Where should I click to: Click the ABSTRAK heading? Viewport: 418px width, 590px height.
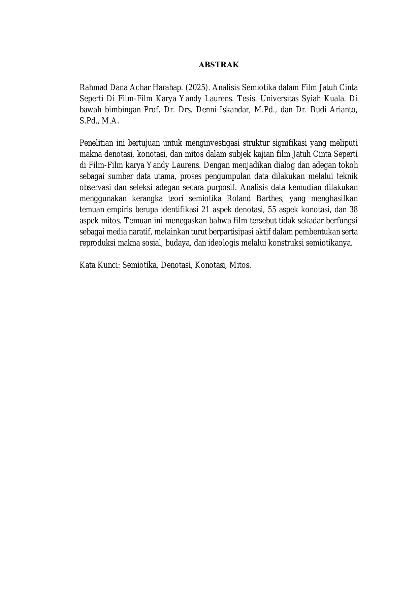[x=219, y=65]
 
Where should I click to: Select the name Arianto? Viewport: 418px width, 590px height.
[x=343, y=110]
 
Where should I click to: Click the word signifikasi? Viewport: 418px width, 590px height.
[x=289, y=143]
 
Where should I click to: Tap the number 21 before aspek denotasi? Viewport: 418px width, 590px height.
[x=205, y=210]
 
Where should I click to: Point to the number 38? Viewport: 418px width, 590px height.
[x=353, y=210]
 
